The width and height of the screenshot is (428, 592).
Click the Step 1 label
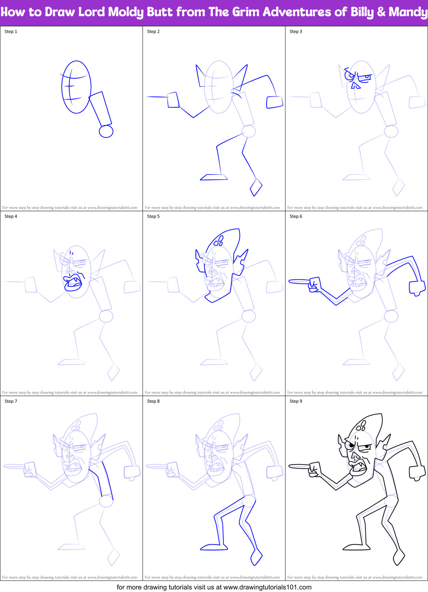click(11, 31)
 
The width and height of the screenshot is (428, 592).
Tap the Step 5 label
click(153, 216)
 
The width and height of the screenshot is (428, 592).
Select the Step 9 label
click(296, 401)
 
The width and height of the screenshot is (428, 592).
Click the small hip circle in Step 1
click(106, 131)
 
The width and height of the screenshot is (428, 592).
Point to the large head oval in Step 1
click(76, 87)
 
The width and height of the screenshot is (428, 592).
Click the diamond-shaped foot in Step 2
click(256, 187)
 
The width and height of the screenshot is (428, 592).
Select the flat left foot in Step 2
click(214, 177)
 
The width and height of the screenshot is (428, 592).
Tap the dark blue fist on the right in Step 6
click(417, 287)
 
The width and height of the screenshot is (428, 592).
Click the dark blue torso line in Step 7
click(107, 480)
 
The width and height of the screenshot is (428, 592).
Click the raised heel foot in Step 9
click(399, 558)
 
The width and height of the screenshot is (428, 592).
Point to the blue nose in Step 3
click(355, 86)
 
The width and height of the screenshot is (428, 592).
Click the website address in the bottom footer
click(267, 587)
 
